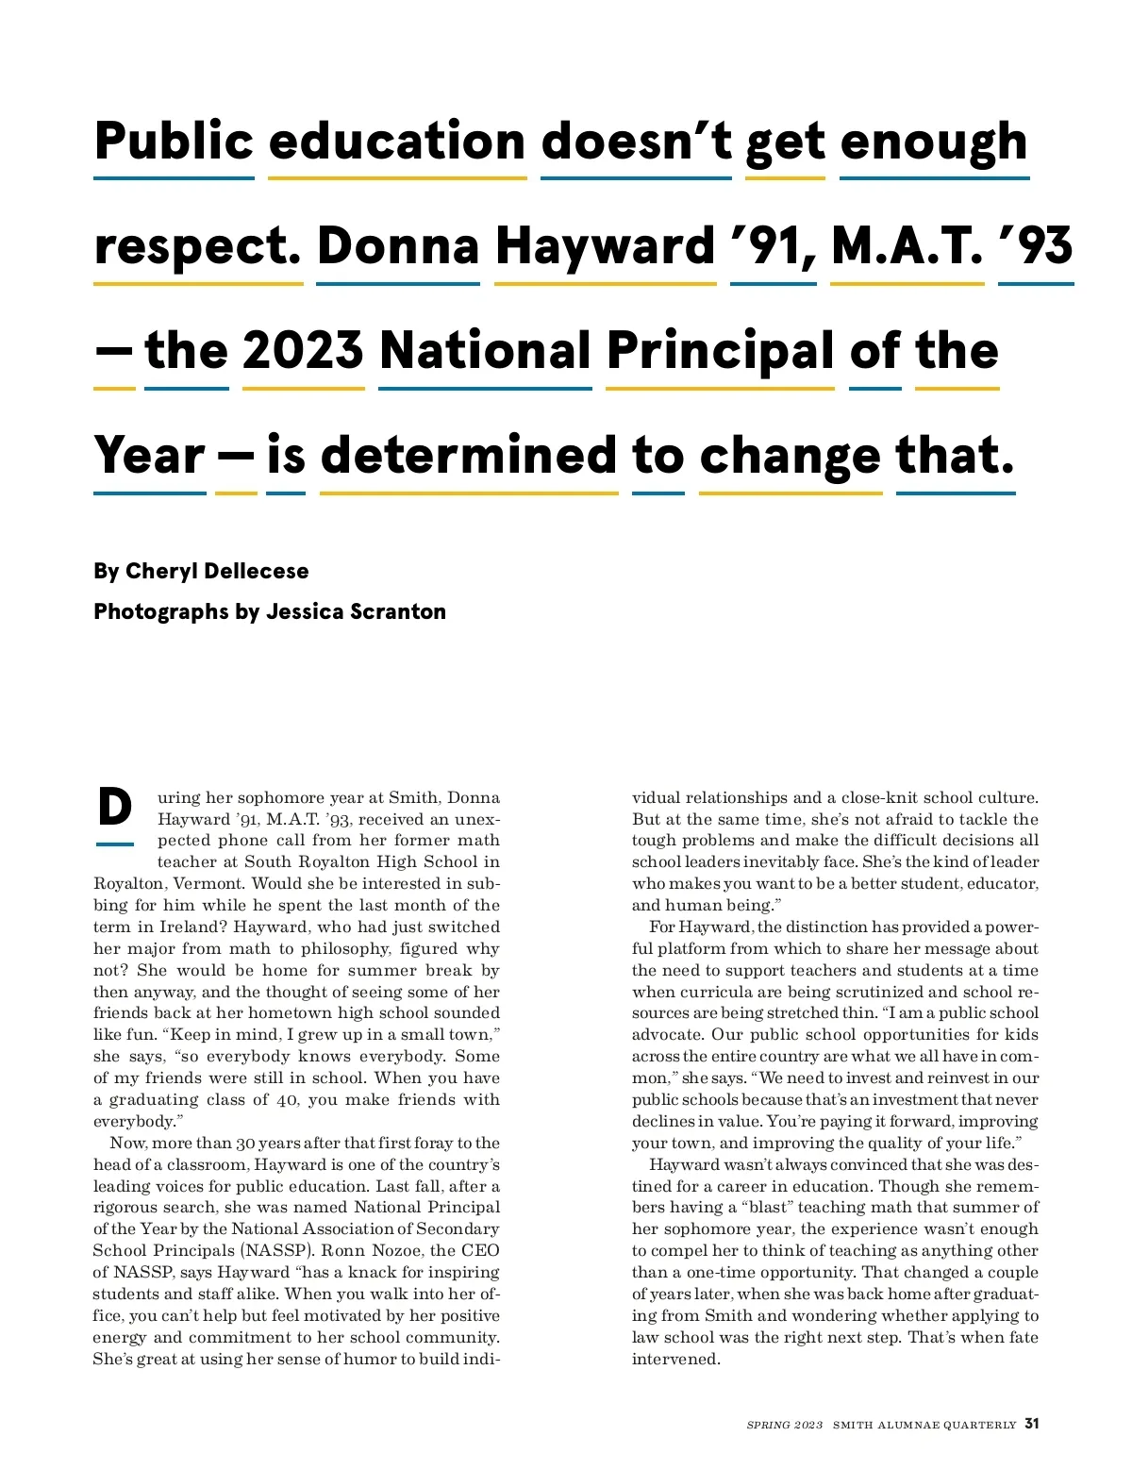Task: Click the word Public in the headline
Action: point(175,142)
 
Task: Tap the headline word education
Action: point(397,142)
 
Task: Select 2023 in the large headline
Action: point(303,351)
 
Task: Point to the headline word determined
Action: point(469,456)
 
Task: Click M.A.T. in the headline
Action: point(907,246)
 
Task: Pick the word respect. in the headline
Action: point(198,246)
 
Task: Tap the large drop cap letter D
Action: point(115,808)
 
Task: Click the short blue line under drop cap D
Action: point(115,844)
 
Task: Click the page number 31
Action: point(1032,1424)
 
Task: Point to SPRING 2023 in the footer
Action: point(784,1425)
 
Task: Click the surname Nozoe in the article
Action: point(396,1250)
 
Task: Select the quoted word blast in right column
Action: point(766,1207)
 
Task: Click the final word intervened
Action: point(675,1359)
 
